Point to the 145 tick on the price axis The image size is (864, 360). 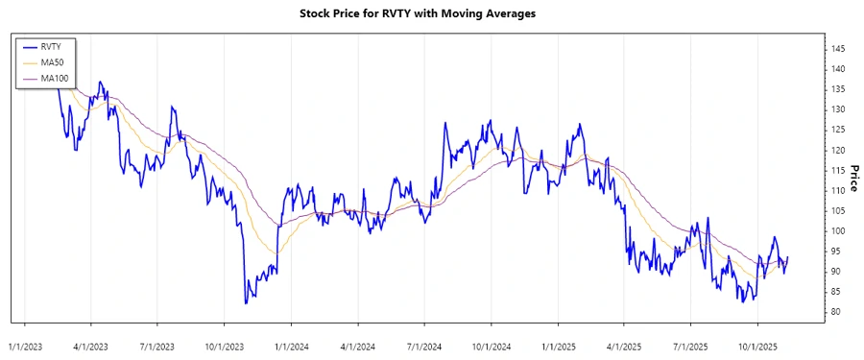[x=838, y=49]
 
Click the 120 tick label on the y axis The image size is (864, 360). [x=838, y=150]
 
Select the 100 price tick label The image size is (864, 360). [x=838, y=230]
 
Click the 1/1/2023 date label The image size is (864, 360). [x=24, y=343]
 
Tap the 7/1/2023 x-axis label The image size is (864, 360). [x=157, y=343]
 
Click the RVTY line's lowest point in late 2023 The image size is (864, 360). [x=246, y=303]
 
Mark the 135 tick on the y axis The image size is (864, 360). [x=838, y=89]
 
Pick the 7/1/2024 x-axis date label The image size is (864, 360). [x=423, y=343]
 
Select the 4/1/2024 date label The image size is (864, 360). [x=358, y=343]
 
